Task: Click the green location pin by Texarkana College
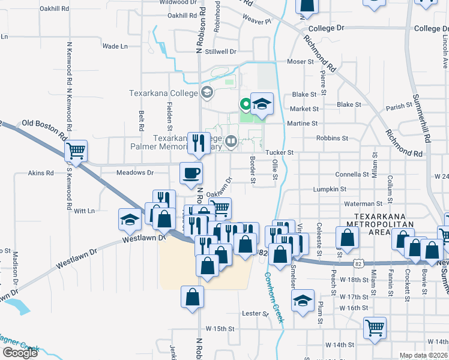246,104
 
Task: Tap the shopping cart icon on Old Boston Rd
76,151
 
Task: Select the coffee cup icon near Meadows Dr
191,173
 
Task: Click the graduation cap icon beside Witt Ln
130,220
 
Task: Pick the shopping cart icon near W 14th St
375,328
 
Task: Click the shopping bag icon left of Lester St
192,297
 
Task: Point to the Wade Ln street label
115,46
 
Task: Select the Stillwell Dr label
218,52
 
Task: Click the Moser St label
301,62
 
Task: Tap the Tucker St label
279,153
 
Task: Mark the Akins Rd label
41,173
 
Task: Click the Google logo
20,353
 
